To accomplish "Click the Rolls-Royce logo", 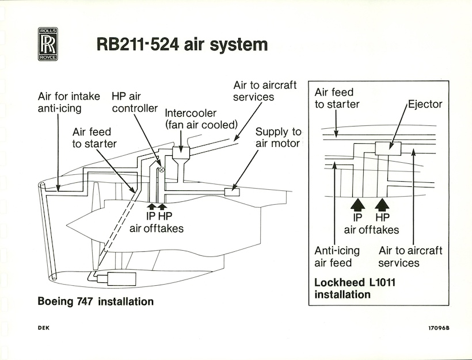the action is pos(48,44).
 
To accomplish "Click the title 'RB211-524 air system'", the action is pos(182,44).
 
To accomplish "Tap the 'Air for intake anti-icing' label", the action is pos(69,102).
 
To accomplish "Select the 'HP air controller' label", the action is pos(135,102).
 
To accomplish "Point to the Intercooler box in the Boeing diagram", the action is pos(181,153).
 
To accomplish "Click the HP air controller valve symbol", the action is pos(162,169).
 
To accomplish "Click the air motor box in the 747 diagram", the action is pos(232,192).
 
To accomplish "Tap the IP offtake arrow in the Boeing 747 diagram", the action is pos(151,206).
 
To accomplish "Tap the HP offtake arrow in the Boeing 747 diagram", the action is pos(162,206).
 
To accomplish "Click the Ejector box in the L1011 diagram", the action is pos(388,148).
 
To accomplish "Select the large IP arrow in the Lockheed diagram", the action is pos(357,205).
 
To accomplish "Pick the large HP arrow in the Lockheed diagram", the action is pos(382,205).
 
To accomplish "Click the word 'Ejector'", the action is pos(425,104).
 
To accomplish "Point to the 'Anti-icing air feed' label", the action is pos(337,256).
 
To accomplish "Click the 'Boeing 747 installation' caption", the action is pos(96,301).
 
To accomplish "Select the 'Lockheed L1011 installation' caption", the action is pos(355,289).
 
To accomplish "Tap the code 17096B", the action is pos(439,328).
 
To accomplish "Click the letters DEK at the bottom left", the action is pos(44,328).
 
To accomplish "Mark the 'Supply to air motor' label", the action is pos(278,137).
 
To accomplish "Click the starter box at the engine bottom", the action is pos(121,279).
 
